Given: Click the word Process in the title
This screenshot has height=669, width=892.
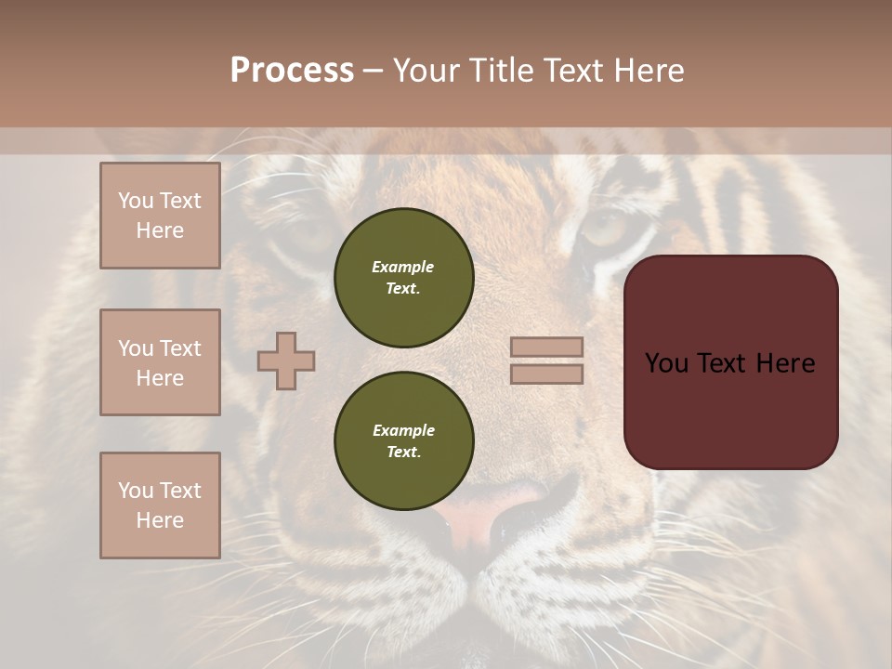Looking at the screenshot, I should [292, 71].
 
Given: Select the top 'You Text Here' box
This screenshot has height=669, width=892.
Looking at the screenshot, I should [160, 216].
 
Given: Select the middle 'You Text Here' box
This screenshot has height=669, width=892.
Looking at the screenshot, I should [160, 362].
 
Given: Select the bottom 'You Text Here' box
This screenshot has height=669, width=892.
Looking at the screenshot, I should [160, 505].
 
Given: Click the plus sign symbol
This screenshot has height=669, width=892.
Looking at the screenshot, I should [286, 361].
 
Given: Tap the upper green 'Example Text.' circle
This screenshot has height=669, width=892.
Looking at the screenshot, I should [403, 278].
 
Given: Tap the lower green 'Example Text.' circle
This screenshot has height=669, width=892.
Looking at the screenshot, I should [403, 440].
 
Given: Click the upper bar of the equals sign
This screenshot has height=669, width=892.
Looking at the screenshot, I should [547, 347].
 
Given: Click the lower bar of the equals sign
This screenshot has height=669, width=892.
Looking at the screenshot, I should [547, 374].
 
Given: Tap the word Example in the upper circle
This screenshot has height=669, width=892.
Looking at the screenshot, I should [403, 267].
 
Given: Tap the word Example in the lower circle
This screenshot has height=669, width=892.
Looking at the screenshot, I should [403, 430].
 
